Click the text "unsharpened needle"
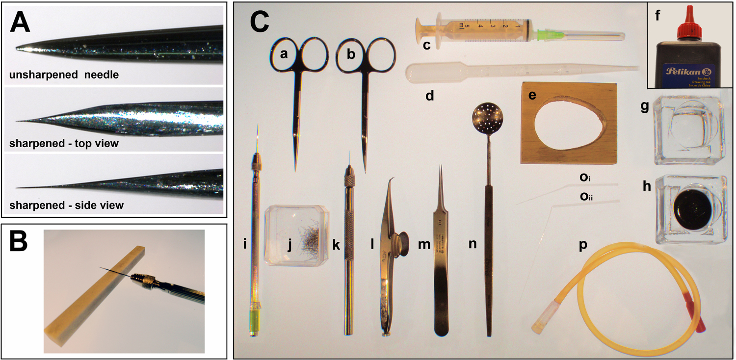click(64, 75)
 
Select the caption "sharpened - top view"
click(64, 144)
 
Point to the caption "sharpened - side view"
click(66, 205)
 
